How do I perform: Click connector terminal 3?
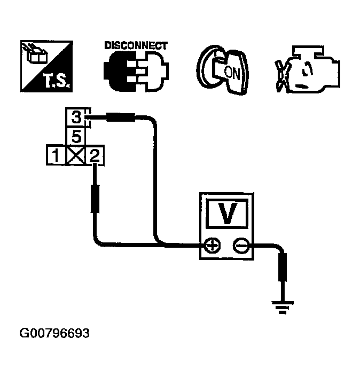tap(76, 116)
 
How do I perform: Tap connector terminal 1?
tap(54, 156)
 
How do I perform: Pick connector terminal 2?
tap(95, 156)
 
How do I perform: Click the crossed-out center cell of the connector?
tap(76, 156)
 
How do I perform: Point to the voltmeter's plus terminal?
tap(213, 246)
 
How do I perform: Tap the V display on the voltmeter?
tap(227, 214)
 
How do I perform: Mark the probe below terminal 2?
tap(96, 198)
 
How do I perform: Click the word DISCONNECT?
tap(136, 45)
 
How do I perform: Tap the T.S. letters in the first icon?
tap(56, 82)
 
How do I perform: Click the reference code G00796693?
tap(54, 333)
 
